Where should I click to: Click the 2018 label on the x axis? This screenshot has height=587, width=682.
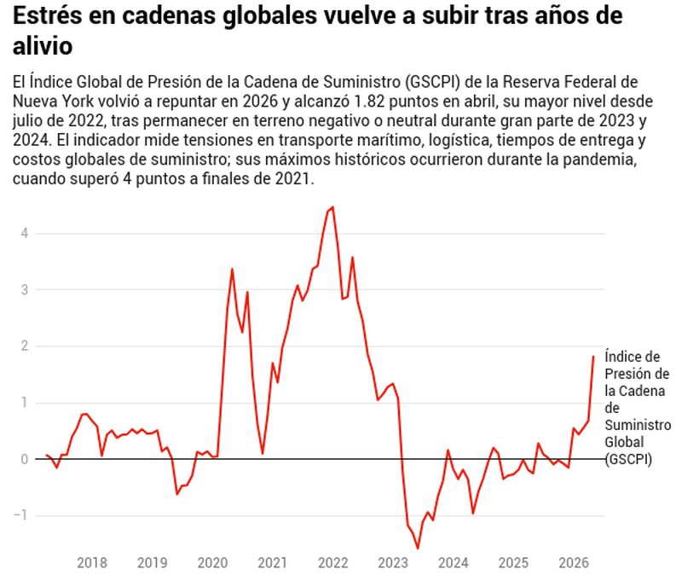(92, 562)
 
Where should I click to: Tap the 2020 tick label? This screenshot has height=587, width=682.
(212, 562)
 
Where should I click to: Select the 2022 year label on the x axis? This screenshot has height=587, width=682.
(332, 562)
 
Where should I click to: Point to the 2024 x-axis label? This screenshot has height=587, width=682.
(454, 562)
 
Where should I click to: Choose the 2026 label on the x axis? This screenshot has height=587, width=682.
(574, 562)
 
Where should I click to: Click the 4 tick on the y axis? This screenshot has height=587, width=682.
(25, 233)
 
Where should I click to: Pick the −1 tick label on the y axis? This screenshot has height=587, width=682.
(20, 515)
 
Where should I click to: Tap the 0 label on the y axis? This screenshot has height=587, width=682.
(25, 459)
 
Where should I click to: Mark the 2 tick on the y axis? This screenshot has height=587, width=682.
(25, 346)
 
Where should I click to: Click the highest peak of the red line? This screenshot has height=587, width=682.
(332, 206)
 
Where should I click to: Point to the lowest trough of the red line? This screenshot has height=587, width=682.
(418, 549)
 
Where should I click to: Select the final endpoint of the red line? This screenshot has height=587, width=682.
(593, 356)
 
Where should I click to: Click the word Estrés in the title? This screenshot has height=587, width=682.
(48, 15)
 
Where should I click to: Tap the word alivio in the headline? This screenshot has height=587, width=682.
(42, 46)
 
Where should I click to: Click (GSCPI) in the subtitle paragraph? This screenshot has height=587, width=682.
(431, 82)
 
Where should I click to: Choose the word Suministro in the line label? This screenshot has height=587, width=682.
(638, 425)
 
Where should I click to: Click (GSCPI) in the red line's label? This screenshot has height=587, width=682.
(628, 459)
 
